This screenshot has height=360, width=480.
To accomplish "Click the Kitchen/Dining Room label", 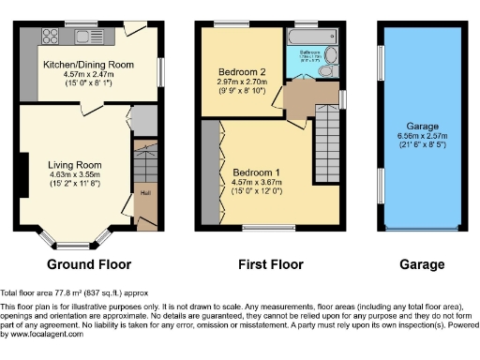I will coord(88,65).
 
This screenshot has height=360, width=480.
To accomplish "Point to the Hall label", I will coord(145,193).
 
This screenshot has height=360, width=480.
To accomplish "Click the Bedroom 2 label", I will coord(236,71).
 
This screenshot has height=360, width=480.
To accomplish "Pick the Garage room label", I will coord(422,125).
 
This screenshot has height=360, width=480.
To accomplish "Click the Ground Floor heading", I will coord(89,264).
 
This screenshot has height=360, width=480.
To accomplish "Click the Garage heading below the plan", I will coord(422,264).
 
